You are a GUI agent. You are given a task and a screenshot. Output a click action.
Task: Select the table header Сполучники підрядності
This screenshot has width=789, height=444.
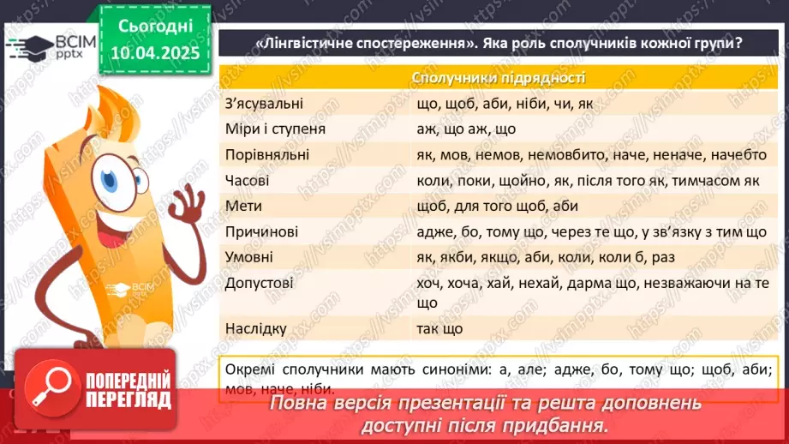coord(499,78)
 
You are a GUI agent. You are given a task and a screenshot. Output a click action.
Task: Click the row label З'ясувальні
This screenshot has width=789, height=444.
coord(264,104)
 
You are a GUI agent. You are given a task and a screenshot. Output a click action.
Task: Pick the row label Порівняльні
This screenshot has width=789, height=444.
coord(266,155)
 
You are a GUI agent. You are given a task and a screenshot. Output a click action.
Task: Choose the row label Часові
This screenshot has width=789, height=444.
coord(248,181)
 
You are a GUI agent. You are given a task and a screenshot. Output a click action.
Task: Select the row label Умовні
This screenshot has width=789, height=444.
coord(249,257)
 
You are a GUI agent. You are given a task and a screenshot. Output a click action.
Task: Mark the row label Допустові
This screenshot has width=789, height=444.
coord(258,282)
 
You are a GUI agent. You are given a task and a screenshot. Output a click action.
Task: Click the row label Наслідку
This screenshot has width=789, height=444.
coord(255,328)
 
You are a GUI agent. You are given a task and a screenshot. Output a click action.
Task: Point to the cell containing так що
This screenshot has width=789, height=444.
coord(439,328)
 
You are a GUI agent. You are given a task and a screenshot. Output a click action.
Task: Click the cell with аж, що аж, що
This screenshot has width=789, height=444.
coord(467,129)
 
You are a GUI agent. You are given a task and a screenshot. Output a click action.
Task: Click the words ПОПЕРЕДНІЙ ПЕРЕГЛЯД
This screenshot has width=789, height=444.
coord(127,389)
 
